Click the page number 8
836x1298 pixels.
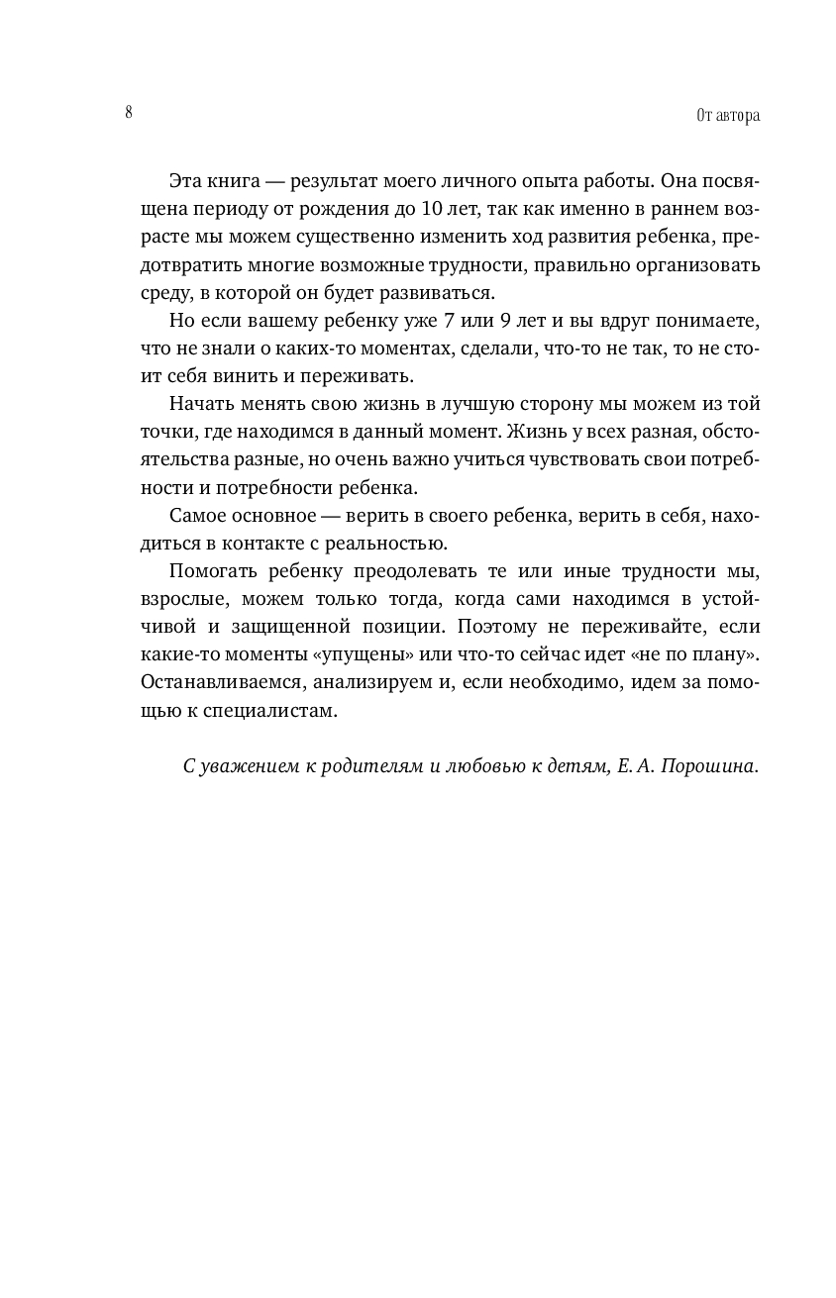click(129, 112)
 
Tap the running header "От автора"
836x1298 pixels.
click(728, 116)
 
